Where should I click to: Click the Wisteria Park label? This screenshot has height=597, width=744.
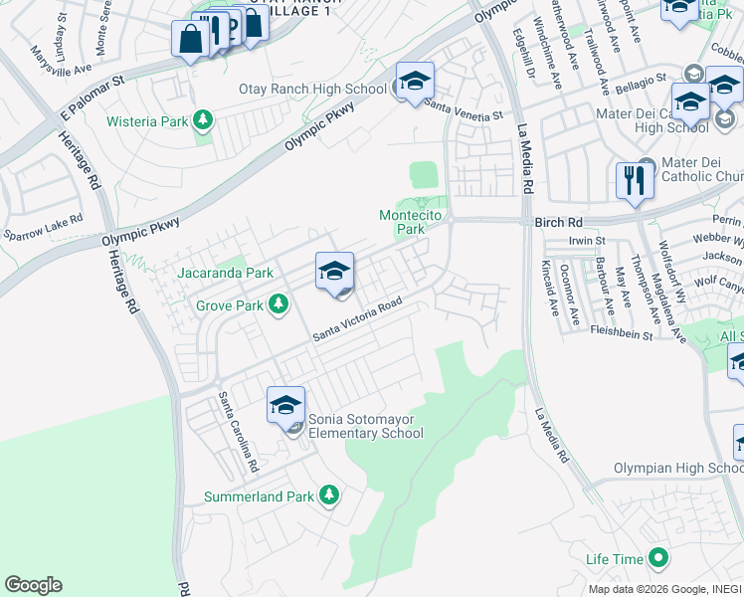pos(148,121)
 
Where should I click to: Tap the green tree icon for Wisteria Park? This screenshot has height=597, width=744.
pos(204,121)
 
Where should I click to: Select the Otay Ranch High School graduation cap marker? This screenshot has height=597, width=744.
pos(415,83)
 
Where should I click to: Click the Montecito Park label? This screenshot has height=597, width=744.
pos(402,222)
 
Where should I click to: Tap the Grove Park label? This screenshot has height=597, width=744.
pos(230,305)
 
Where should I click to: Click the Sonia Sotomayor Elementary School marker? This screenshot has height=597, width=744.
pos(285,406)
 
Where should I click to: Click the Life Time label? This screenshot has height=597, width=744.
pos(614,559)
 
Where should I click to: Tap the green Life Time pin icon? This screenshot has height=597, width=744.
pos(656,558)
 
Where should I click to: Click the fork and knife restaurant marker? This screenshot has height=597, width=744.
pos(634,183)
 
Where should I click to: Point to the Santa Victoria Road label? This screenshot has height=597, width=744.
pos(357,319)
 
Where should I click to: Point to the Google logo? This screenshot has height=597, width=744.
pos(33,585)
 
